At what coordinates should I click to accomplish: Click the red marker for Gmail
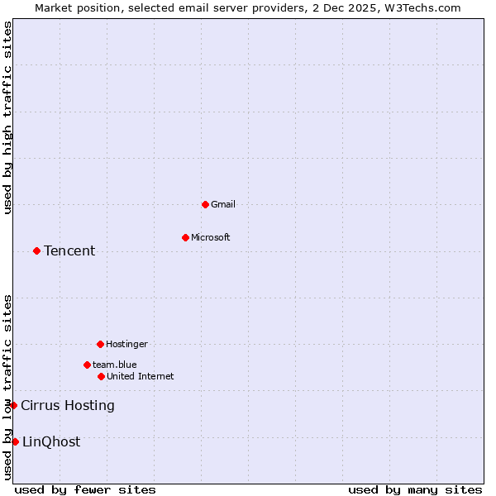205,204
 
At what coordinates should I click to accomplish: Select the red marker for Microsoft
185,237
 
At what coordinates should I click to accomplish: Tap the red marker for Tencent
36,250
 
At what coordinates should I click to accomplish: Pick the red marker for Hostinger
100,344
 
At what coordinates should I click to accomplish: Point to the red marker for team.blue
87,365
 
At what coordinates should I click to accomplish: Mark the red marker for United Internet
101,376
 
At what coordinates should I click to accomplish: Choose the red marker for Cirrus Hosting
13,405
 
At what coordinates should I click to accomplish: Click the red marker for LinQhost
15,441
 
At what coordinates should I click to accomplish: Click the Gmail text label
223,204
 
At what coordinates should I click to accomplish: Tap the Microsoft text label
211,237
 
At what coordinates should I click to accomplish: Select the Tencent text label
69,250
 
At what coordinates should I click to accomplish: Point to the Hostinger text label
126,344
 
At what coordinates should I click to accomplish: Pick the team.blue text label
115,365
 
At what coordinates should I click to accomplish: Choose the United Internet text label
141,376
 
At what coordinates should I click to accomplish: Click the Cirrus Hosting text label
68,405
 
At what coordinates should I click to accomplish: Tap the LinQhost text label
51,441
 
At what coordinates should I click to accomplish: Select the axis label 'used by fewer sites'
85,489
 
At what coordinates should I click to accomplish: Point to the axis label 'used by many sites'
415,489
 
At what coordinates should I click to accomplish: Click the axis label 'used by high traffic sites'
7,117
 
